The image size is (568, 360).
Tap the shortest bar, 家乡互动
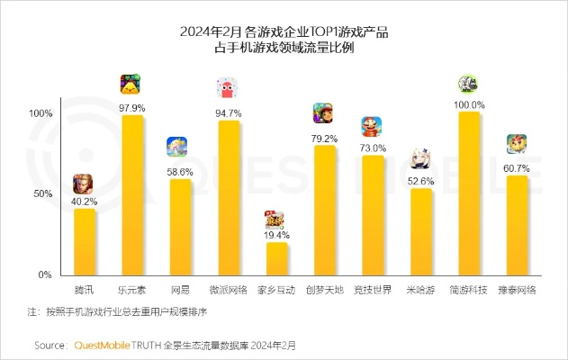(x=276, y=258)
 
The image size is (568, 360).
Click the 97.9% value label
(x=132, y=108)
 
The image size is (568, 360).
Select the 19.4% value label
(x=276, y=235)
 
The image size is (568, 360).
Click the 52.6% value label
(x=420, y=181)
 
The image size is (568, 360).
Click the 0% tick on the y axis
(x=44, y=274)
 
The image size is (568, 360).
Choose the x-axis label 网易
(x=180, y=290)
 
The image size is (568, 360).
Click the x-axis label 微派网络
(x=229, y=290)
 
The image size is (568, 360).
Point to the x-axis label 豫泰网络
(x=517, y=290)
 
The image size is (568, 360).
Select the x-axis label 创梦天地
(x=324, y=290)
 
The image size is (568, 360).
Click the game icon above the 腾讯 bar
(x=83, y=184)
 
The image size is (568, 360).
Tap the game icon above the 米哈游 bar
(x=420, y=159)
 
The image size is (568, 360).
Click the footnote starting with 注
(x=117, y=312)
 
